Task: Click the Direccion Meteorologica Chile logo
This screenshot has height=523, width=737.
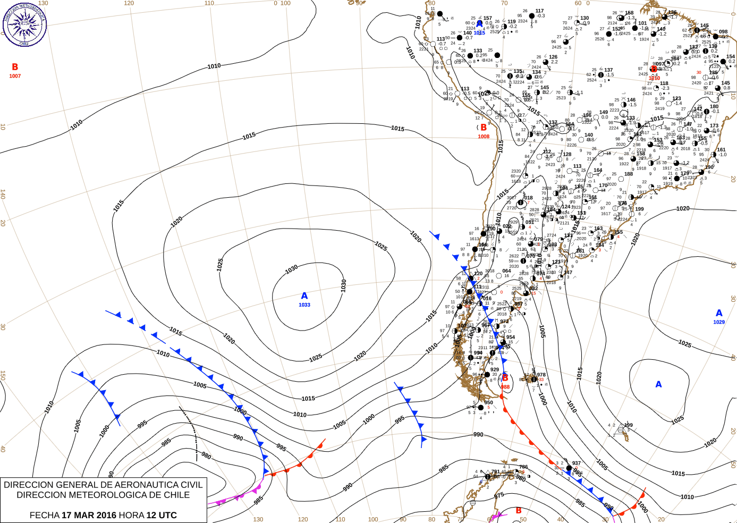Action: pyautogui.click(x=24, y=24)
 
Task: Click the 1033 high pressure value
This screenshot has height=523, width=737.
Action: pyautogui.click(x=304, y=305)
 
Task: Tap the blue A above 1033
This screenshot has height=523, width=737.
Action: pyautogui.click(x=304, y=296)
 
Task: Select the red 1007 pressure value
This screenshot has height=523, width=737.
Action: pyautogui.click(x=15, y=76)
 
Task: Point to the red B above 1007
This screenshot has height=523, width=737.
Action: pyautogui.click(x=15, y=67)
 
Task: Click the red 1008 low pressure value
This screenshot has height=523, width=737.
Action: pyautogui.click(x=484, y=137)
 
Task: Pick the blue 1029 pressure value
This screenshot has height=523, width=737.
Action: pyautogui.click(x=719, y=322)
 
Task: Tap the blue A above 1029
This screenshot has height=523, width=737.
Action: pyautogui.click(x=719, y=313)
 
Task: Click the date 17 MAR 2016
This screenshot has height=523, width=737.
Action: pyautogui.click(x=89, y=515)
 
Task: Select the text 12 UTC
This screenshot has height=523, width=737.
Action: pyautogui.click(x=162, y=515)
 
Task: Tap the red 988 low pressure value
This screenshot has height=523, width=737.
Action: pyautogui.click(x=505, y=387)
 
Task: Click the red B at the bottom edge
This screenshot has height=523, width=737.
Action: pyautogui.click(x=519, y=511)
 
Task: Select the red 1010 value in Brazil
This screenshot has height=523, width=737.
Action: pyautogui.click(x=654, y=78)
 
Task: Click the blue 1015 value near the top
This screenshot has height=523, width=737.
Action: pyautogui.click(x=479, y=33)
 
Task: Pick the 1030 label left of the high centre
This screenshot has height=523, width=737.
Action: pyautogui.click(x=291, y=269)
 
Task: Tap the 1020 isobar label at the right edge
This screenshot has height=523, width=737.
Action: pyautogui.click(x=683, y=208)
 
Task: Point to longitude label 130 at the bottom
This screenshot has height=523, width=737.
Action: pyautogui.click(x=258, y=519)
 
